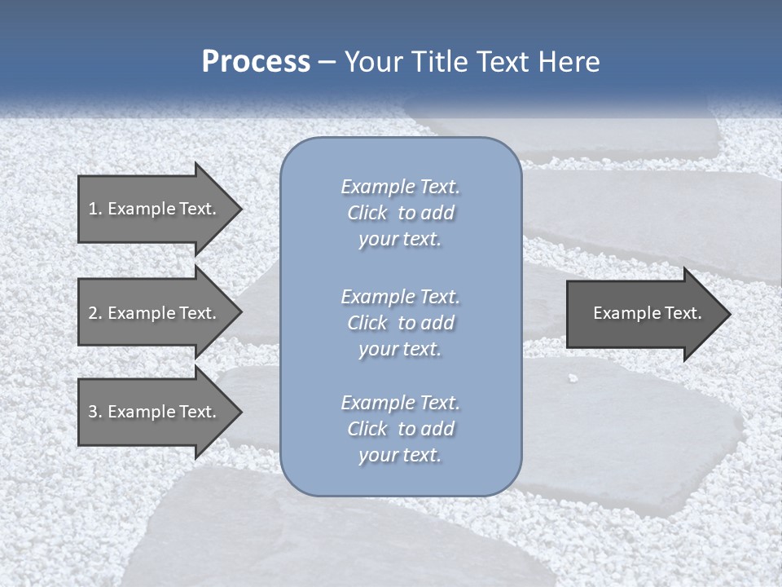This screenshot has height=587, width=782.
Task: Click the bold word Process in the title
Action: [256, 62]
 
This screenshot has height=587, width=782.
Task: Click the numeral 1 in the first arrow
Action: [93, 209]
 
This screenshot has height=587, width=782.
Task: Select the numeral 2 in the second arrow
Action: [93, 313]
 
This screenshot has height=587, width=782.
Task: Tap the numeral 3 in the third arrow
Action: [93, 412]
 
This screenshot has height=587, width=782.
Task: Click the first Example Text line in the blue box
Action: [400, 187]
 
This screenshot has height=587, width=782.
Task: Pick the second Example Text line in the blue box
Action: [400, 297]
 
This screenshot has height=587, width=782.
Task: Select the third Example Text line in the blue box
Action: [400, 403]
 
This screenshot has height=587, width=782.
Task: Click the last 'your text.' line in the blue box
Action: [400, 455]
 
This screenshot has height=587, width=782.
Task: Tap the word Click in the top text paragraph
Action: [367, 213]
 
